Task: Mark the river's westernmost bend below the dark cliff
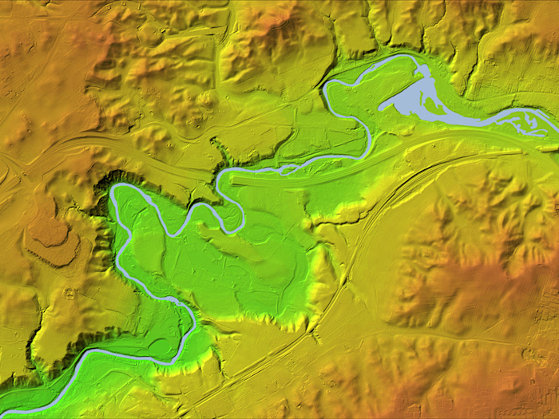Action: (x=115, y=192)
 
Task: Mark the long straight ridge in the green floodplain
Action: (x=240, y=247)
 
